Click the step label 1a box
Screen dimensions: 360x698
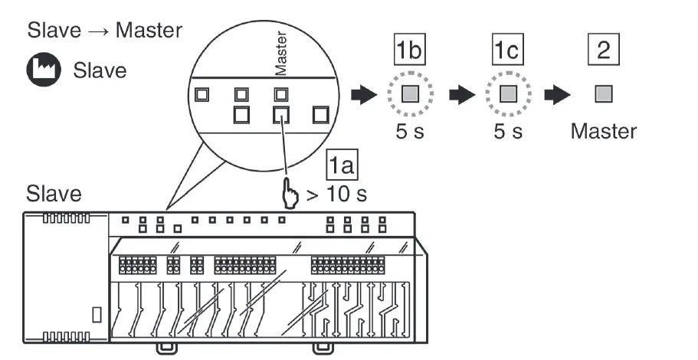(342, 164)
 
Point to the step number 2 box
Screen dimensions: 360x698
(604, 51)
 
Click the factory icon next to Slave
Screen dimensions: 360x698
(43, 70)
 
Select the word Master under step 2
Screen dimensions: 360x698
(603, 131)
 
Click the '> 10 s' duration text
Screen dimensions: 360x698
(336, 194)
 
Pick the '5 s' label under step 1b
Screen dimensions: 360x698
(410, 131)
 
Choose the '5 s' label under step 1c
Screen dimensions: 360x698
(506, 131)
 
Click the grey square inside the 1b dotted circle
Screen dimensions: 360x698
(411, 95)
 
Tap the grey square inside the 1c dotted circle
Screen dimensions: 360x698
(506, 95)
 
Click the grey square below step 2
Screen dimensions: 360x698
(604, 95)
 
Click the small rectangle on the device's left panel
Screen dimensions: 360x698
(97, 314)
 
